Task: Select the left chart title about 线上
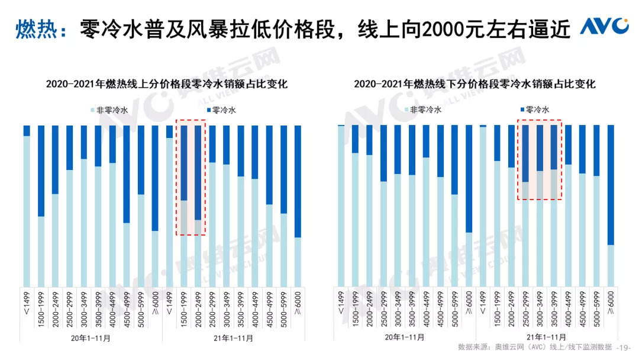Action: tap(167, 84)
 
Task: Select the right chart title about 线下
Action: tap(475, 84)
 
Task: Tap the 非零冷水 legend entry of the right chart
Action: tap(423, 110)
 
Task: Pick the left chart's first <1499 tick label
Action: tap(27, 302)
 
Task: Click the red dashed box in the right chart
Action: tap(538, 160)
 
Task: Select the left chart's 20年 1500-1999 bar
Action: tap(41, 204)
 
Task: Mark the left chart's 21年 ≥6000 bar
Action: tap(298, 204)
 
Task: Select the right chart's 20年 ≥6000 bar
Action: tap(469, 204)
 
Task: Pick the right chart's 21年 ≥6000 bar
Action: tap(611, 204)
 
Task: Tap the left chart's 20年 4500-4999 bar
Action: tap(127, 204)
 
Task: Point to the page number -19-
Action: tap(625, 347)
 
